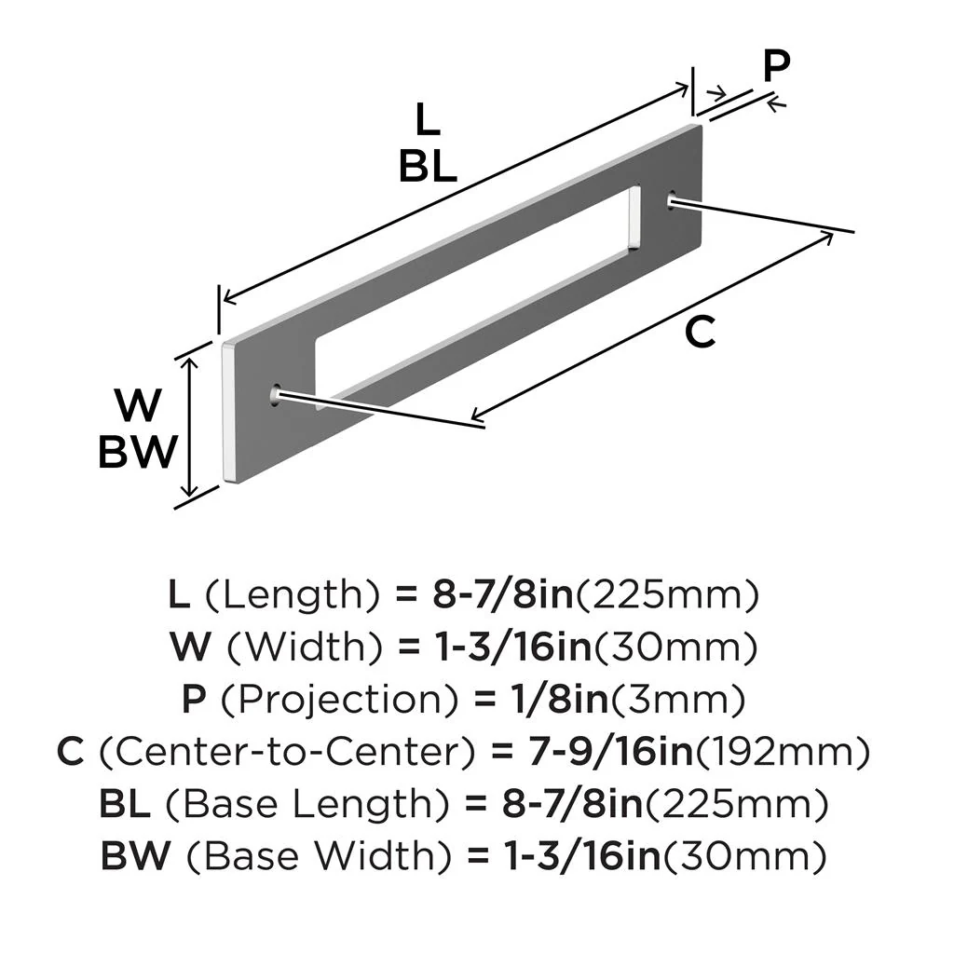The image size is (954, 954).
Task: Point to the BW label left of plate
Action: click(137, 453)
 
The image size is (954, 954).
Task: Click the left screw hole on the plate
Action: click(276, 395)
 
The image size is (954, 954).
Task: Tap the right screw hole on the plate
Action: click(671, 198)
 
